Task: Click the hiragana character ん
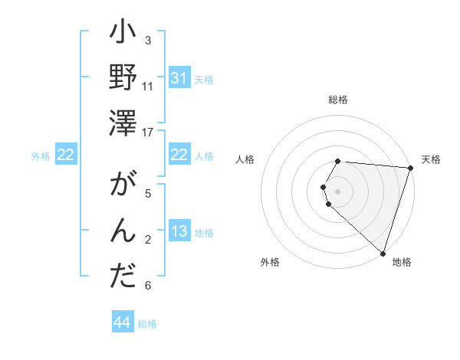(123, 231)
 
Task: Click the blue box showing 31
(179, 79)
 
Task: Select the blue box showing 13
(179, 232)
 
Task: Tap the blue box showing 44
(122, 323)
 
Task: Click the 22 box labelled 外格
(66, 155)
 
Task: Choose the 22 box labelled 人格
(179, 155)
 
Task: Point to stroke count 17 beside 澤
(148, 133)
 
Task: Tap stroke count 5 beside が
(148, 193)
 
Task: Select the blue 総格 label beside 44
(147, 324)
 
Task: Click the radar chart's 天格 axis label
(431, 159)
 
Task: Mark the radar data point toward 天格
(410, 168)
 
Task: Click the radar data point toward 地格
(383, 253)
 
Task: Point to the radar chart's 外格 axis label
(270, 262)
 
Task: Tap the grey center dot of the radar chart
(338, 191)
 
